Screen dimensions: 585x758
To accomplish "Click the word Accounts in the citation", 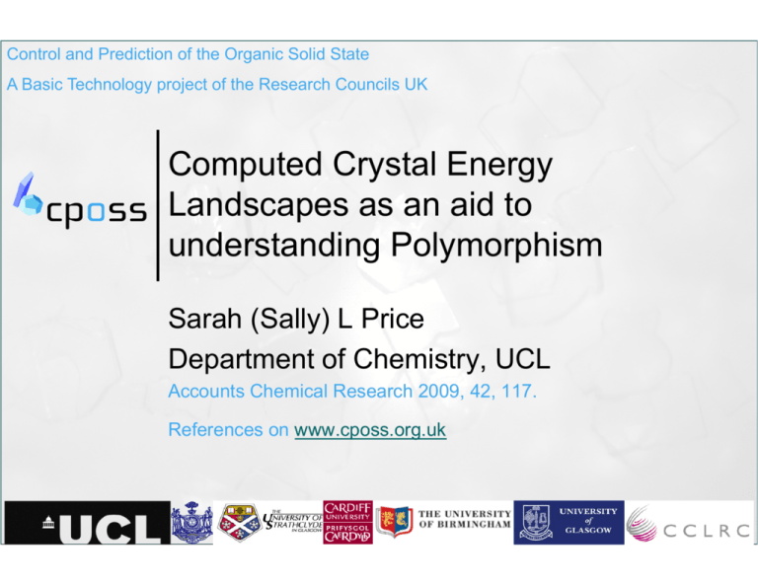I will click(203, 391).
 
